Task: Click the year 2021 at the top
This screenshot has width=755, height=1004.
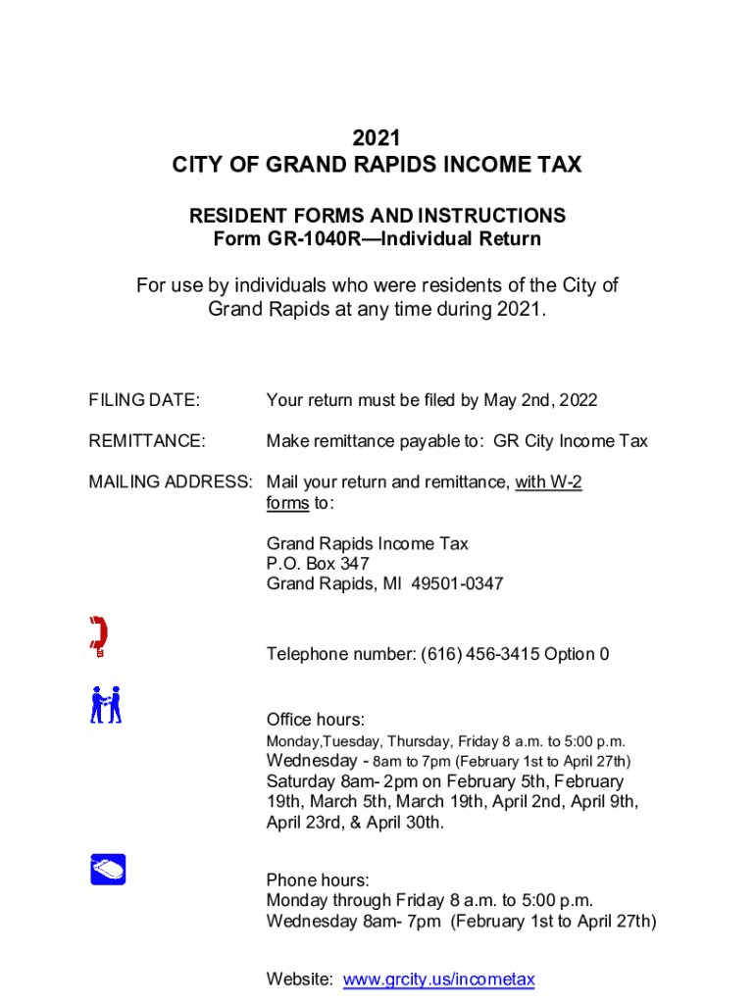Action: (377, 139)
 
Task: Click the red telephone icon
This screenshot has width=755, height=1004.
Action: (98, 636)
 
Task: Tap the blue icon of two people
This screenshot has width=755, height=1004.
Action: (106, 705)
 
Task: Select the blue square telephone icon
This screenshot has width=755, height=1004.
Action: (108, 869)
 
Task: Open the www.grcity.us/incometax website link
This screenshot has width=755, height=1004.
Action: (439, 979)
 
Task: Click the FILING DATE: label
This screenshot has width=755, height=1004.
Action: (144, 400)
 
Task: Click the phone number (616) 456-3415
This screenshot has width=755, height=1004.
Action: (479, 654)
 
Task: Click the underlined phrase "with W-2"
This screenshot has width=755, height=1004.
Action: (548, 482)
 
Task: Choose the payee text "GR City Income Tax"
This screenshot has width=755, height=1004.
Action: (571, 441)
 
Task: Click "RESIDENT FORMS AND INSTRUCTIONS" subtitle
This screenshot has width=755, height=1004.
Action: (377, 216)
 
